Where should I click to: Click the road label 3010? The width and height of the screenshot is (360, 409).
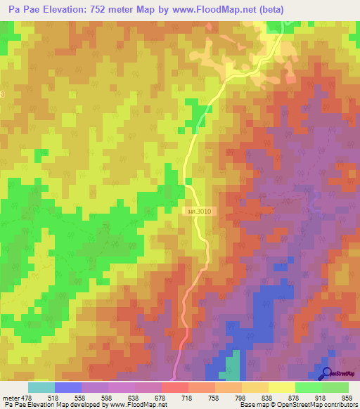click(x=199, y=211)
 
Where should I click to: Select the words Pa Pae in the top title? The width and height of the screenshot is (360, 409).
click(x=23, y=10)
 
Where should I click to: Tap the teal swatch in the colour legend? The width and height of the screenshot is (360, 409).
click(x=41, y=387)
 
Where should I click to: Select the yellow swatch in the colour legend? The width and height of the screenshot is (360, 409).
click(x=281, y=387)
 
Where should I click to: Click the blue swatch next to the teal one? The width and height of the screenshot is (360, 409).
click(x=67, y=387)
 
